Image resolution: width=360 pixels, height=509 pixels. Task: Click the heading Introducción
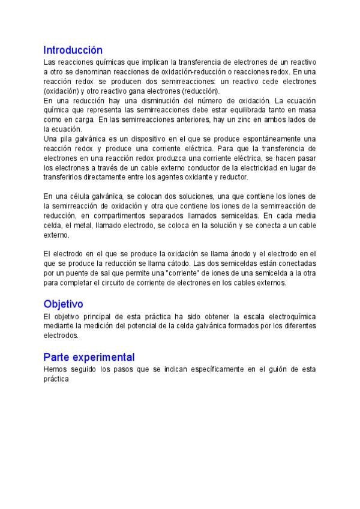pos(73,50)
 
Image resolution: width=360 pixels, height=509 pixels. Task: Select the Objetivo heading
pos(63,304)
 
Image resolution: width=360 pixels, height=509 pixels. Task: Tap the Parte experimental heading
pos(89,357)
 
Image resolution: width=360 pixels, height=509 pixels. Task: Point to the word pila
pos(65,139)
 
